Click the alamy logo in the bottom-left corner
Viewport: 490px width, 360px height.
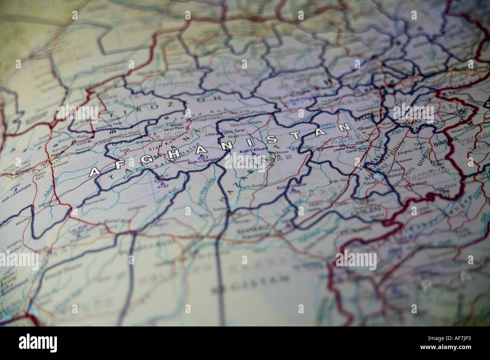[38, 343]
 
